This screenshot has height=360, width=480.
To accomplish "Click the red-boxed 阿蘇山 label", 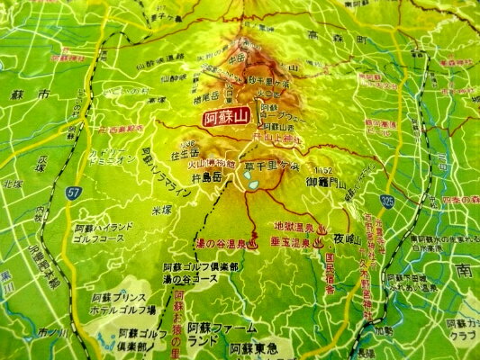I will [225, 117].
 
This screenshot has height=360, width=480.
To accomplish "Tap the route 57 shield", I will [73, 192].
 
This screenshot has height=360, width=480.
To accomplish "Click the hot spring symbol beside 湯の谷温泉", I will [255, 242].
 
